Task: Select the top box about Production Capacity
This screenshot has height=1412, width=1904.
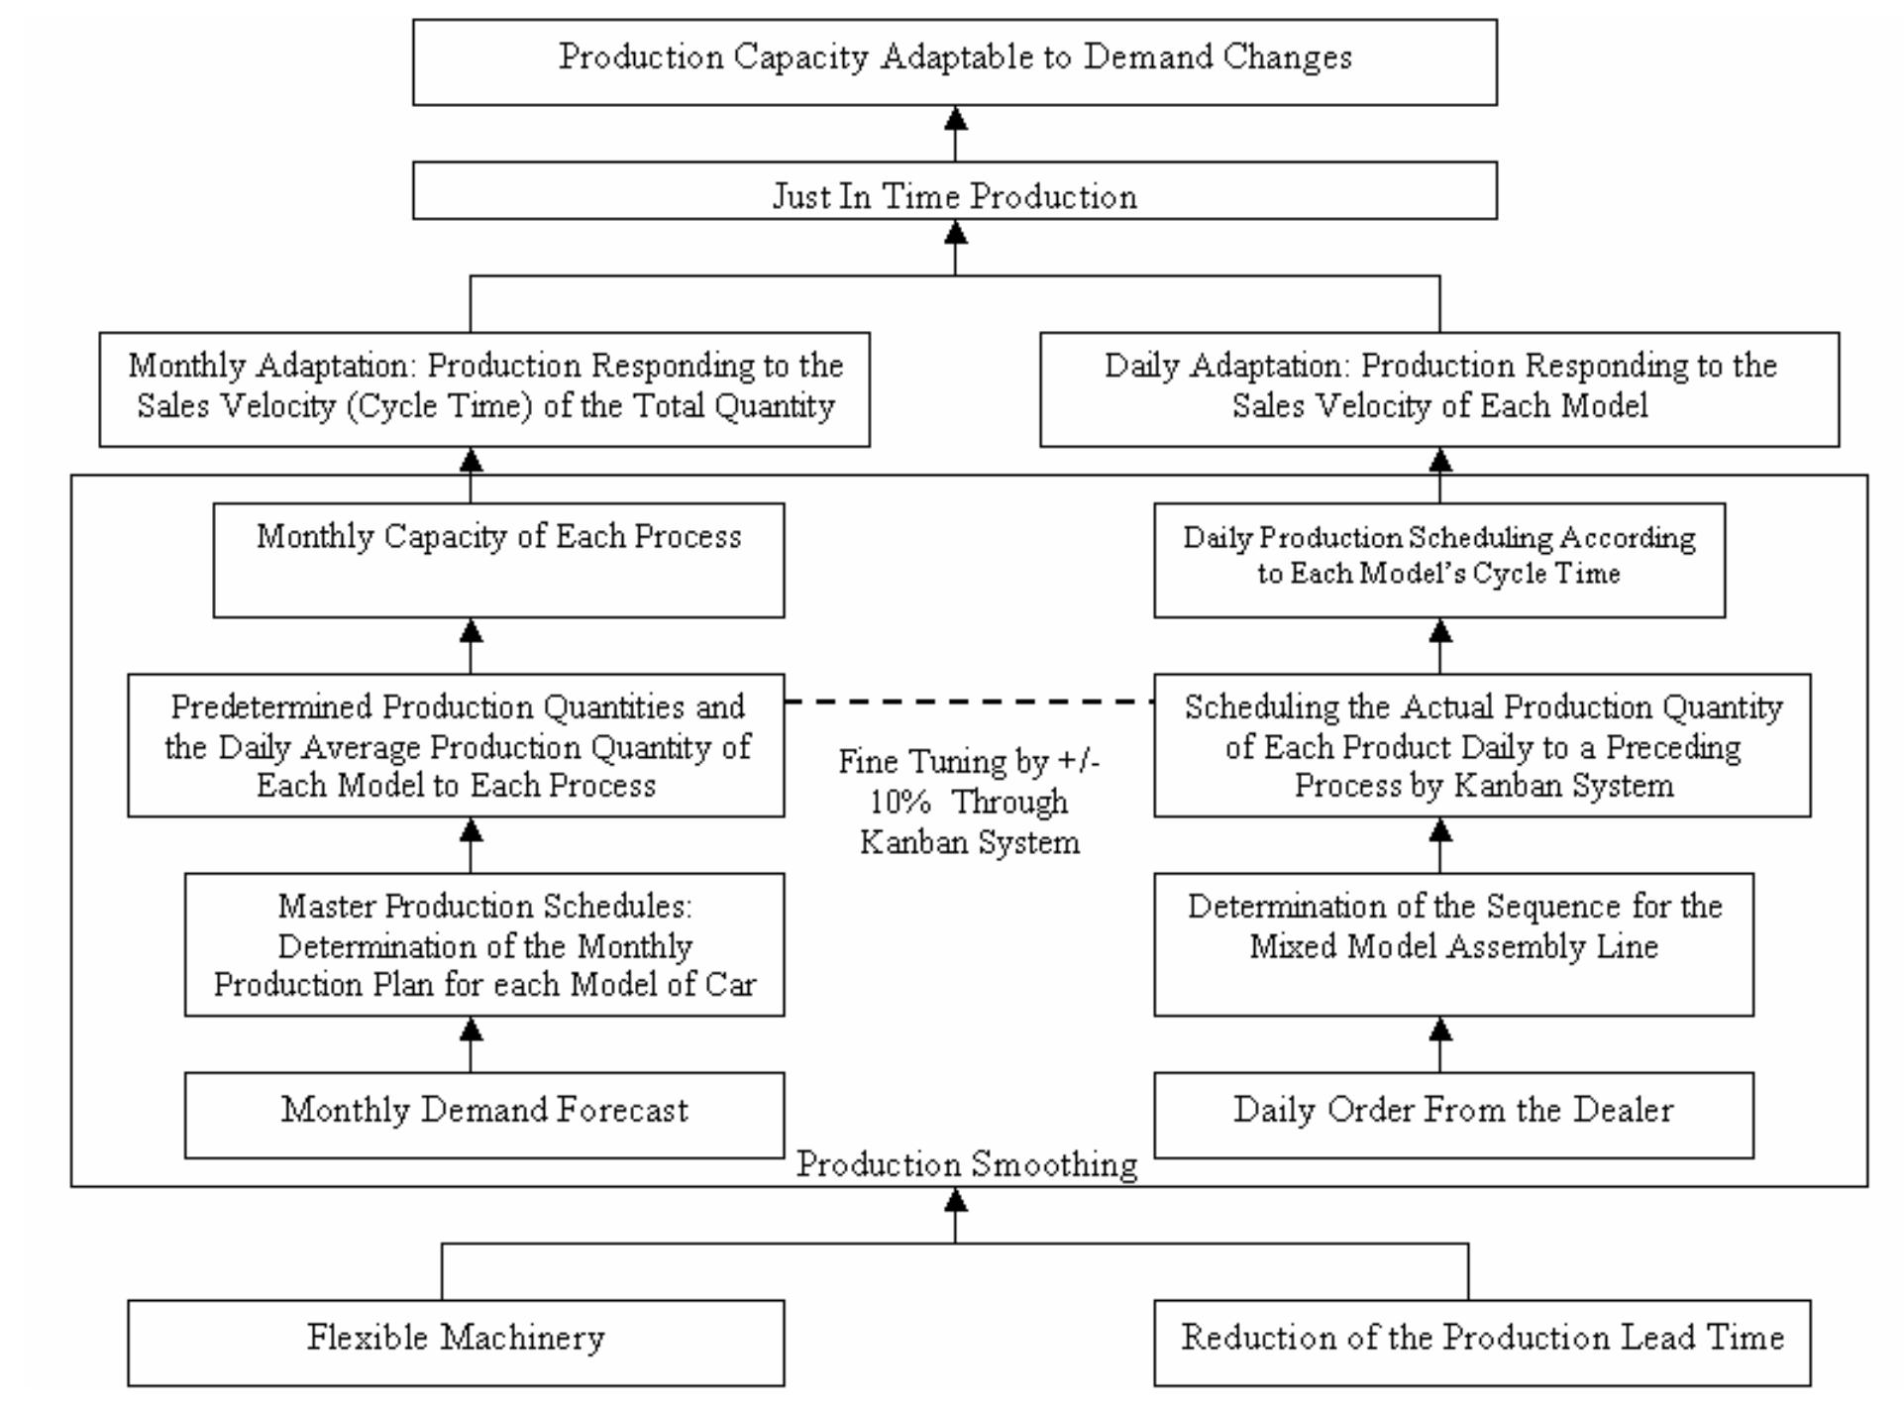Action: tap(954, 61)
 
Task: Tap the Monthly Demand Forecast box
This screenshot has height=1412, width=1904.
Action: tap(484, 1114)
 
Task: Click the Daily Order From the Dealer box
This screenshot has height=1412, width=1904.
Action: tap(1453, 1114)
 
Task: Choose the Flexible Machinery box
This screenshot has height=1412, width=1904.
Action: tap(456, 1342)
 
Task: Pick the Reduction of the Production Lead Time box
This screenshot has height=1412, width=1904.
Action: tap(1482, 1342)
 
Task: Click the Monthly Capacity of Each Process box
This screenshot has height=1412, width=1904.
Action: tap(498, 560)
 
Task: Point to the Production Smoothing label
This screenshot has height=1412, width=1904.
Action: tap(967, 1164)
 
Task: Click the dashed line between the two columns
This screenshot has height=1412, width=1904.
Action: tap(968, 702)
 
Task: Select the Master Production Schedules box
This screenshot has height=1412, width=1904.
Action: tap(484, 944)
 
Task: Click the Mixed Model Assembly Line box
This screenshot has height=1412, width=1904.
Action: tap(1453, 944)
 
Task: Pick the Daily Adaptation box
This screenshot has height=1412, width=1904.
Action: tap(1439, 388)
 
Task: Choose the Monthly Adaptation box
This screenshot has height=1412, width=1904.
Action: tap(484, 388)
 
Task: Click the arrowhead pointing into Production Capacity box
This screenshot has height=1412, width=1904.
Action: tap(955, 120)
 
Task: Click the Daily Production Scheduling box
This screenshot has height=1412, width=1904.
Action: tap(1439, 560)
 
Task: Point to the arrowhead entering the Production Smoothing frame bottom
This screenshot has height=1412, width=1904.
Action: tap(955, 1201)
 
